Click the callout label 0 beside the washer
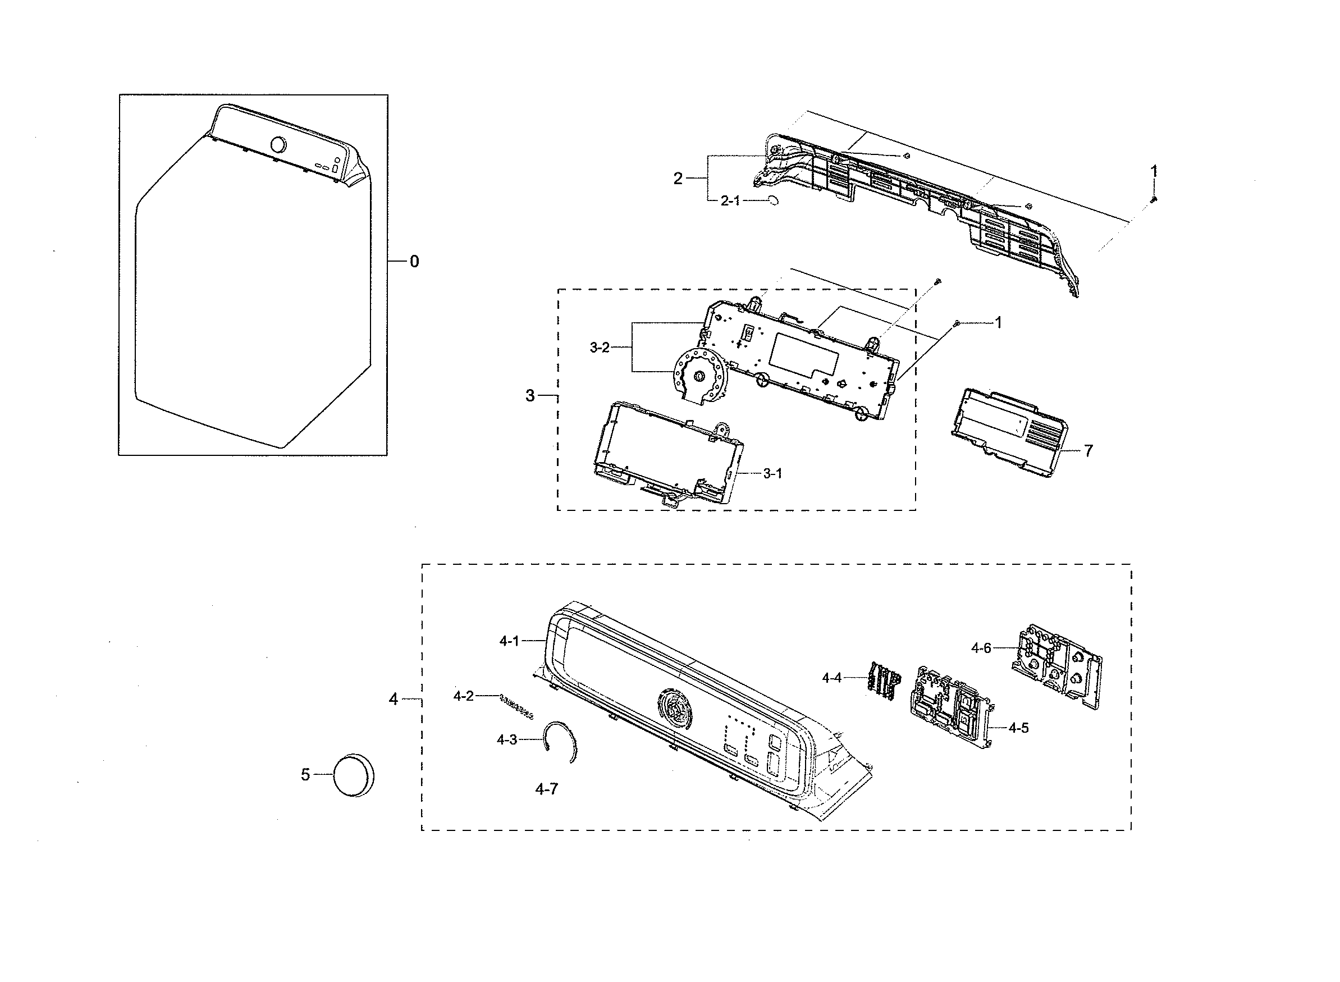(414, 262)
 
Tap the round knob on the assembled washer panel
(277, 145)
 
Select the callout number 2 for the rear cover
(678, 179)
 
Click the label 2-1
(730, 201)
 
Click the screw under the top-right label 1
(1154, 200)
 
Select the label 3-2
(599, 348)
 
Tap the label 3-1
(772, 474)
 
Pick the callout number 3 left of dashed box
(529, 396)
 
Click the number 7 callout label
(1088, 451)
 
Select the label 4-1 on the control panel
(509, 641)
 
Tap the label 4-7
(546, 789)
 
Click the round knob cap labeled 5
(354, 776)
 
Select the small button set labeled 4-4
(884, 678)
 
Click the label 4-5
(1018, 728)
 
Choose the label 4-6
(981, 648)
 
